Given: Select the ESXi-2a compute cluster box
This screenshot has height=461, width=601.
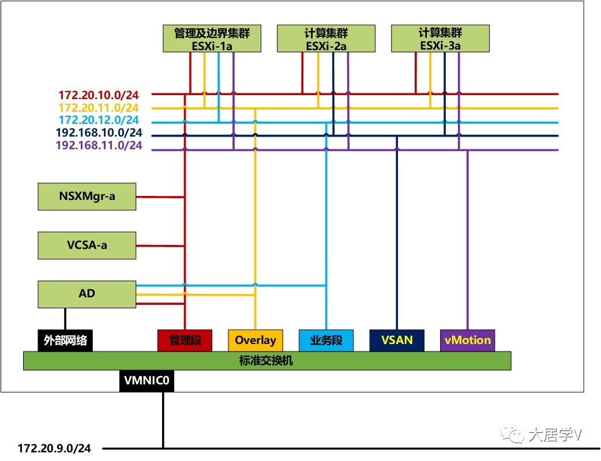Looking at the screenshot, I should click(326, 39).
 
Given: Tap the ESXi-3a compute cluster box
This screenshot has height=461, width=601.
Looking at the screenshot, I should click(440, 39).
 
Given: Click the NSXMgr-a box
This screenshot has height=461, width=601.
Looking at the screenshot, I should click(87, 196).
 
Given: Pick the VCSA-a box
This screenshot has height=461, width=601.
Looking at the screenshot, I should click(87, 245).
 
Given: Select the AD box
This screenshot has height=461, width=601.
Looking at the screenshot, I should click(87, 294).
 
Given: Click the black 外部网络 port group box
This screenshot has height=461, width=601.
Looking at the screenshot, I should click(65, 340).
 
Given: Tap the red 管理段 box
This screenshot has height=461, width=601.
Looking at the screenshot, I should click(185, 340).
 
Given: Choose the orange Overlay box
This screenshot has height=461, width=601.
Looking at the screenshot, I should click(256, 340).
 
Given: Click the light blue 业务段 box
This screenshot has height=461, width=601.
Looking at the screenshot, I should click(326, 340).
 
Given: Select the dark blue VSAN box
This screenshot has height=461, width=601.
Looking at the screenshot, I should click(397, 340).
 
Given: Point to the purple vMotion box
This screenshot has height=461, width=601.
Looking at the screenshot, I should click(467, 340).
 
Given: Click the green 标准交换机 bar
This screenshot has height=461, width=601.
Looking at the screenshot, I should click(266, 361).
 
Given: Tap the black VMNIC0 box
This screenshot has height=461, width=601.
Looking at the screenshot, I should click(147, 381).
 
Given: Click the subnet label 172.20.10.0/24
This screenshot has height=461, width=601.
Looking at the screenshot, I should click(99, 95).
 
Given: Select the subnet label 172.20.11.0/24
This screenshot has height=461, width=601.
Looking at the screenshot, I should click(99, 108).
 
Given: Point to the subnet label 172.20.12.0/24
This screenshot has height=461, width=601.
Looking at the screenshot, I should click(99, 120).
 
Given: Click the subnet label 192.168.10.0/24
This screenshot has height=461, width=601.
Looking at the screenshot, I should click(99, 133).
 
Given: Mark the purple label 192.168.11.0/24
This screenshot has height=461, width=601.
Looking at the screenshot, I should click(99, 146).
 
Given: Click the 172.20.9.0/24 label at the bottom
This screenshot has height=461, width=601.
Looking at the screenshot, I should click(55, 448).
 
